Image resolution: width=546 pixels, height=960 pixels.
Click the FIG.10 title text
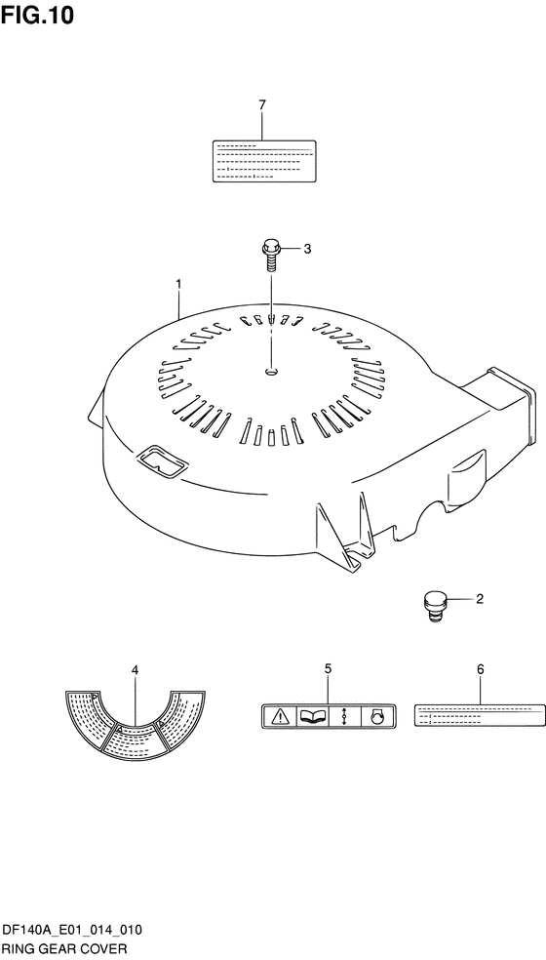tap(37, 15)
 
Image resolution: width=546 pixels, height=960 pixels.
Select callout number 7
tap(262, 105)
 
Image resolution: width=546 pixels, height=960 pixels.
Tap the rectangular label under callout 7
tap(264, 161)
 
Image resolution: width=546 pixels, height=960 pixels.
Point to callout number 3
tap(307, 249)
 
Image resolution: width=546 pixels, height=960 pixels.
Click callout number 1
tap(178, 284)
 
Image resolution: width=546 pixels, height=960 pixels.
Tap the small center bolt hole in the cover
tap(271, 371)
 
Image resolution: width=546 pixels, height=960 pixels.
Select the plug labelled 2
tap(434, 606)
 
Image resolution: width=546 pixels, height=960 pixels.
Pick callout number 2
tap(480, 599)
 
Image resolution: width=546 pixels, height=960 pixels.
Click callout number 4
tap(135, 670)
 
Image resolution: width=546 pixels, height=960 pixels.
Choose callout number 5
tap(329, 668)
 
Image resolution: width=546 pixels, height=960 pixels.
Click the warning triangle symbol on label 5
tap(280, 716)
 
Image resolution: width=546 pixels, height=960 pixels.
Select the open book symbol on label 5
tap(312, 716)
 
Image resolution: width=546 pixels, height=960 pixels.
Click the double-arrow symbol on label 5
tap(344, 716)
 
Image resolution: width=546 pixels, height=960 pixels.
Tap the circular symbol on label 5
tap(377, 716)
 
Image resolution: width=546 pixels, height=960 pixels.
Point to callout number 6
tap(480, 670)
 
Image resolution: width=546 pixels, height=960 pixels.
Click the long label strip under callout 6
tap(480, 715)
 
